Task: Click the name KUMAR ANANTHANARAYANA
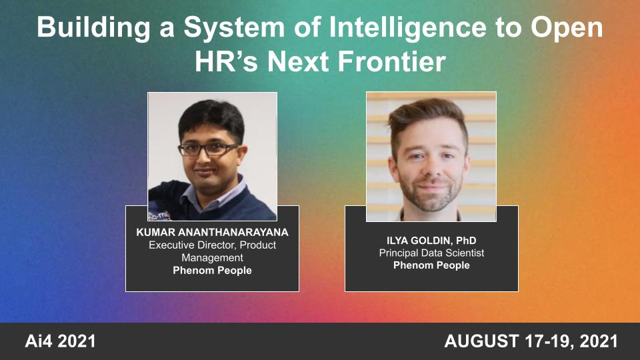(212, 233)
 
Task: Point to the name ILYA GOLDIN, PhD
(431, 240)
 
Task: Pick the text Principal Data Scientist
(431, 253)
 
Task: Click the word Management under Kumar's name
(212, 258)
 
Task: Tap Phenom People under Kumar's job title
(212, 271)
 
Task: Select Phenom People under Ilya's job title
(431, 265)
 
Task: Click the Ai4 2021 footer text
(61, 342)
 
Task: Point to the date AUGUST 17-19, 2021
(531, 342)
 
